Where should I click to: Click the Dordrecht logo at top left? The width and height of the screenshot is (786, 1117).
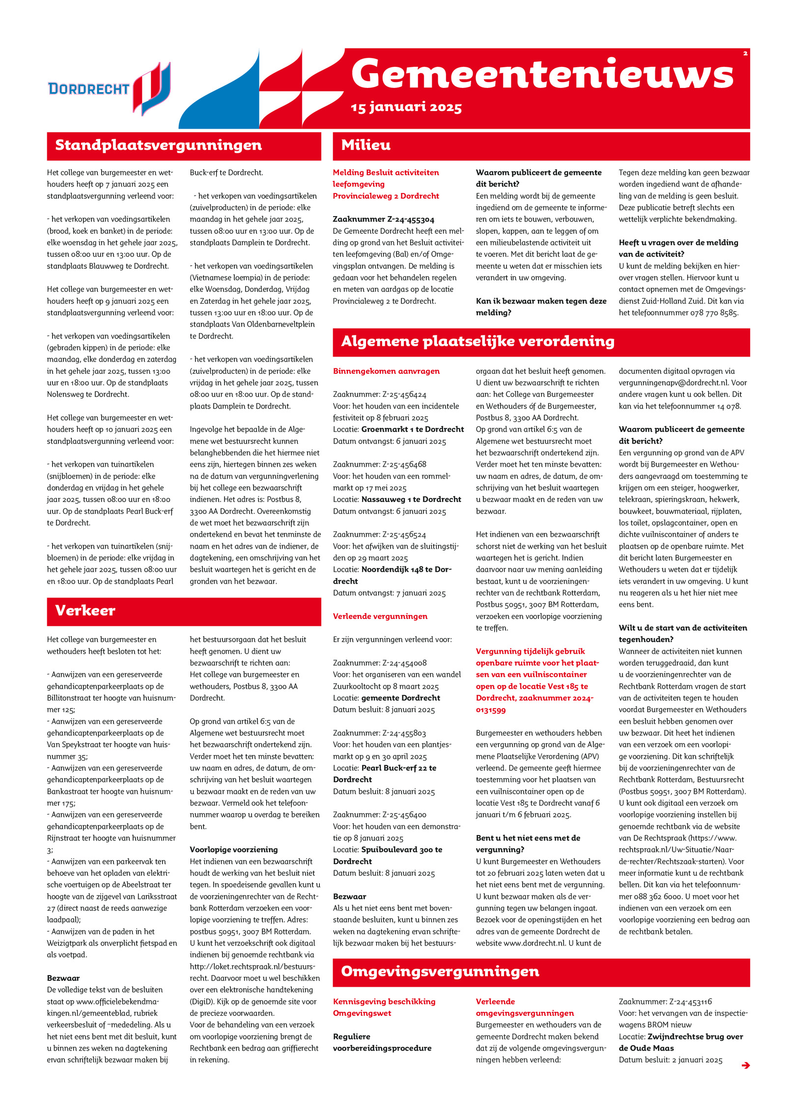pyautogui.click(x=109, y=88)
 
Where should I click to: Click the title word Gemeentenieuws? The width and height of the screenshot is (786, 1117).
pyautogui.click(x=542, y=74)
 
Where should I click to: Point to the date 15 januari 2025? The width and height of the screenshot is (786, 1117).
pyautogui.click(x=406, y=107)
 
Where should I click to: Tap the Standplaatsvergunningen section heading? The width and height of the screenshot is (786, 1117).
pyautogui.click(x=158, y=145)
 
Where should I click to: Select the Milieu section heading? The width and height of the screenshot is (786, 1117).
pyautogui.click(x=365, y=145)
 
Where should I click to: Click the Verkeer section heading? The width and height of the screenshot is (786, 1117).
pyautogui.click(x=85, y=611)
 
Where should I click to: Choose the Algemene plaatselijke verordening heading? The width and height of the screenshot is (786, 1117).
pyautogui.click(x=477, y=341)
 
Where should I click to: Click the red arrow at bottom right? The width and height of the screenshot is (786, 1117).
pyautogui.click(x=745, y=1065)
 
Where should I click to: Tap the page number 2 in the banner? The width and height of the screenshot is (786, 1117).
pyautogui.click(x=745, y=54)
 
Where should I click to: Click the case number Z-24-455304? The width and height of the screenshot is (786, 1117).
pyautogui.click(x=398, y=220)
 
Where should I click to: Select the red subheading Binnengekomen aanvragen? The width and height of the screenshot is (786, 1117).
pyautogui.click(x=386, y=371)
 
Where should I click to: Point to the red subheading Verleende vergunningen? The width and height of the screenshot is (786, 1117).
pyautogui.click(x=380, y=616)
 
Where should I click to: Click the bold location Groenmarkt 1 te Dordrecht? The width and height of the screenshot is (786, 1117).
pyautogui.click(x=412, y=429)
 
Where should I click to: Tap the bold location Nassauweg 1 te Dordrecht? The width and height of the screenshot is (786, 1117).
pyautogui.click(x=411, y=500)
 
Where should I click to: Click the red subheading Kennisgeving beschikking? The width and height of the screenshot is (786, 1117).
pyautogui.click(x=384, y=1002)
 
